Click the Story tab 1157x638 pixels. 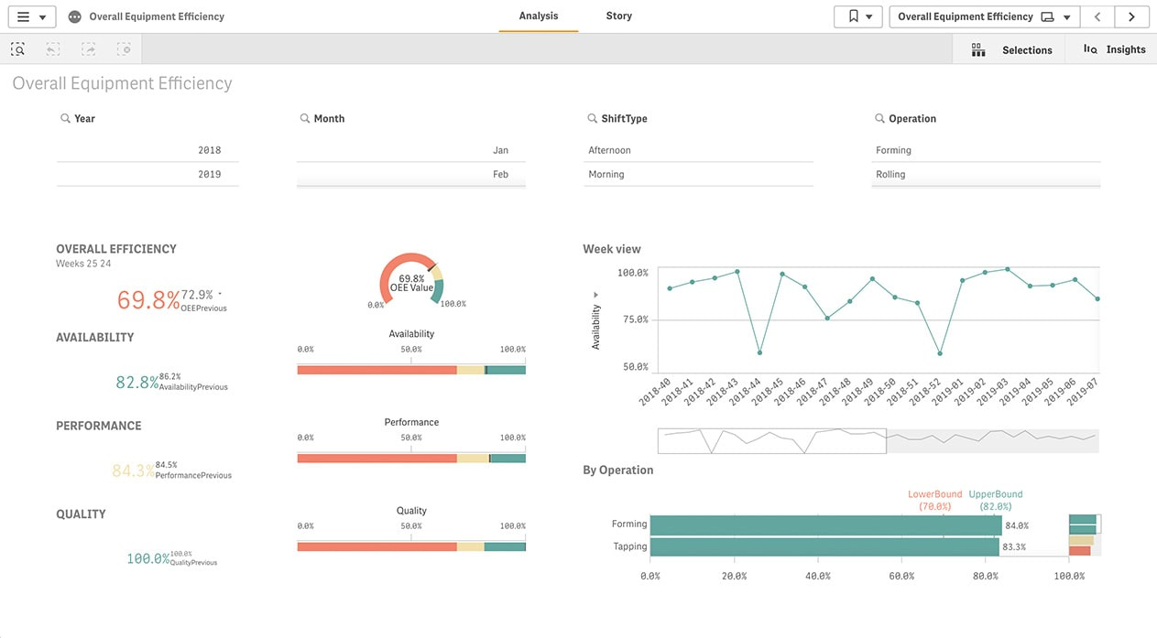618,16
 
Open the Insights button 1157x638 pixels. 1114,49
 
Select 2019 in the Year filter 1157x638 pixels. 209,174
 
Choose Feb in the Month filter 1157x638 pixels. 500,174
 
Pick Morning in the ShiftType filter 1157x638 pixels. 606,174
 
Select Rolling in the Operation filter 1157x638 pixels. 890,174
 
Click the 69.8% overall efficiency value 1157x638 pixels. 147,299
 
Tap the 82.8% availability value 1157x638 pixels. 136,383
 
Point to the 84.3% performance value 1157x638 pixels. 133,471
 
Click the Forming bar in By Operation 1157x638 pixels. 824,525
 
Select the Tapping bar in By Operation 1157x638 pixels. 824,547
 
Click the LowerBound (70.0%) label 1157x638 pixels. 934,500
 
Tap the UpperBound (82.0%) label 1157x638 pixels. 995,500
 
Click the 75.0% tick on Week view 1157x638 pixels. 632,319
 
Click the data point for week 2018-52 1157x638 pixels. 940,353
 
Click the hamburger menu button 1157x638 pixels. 31,16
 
